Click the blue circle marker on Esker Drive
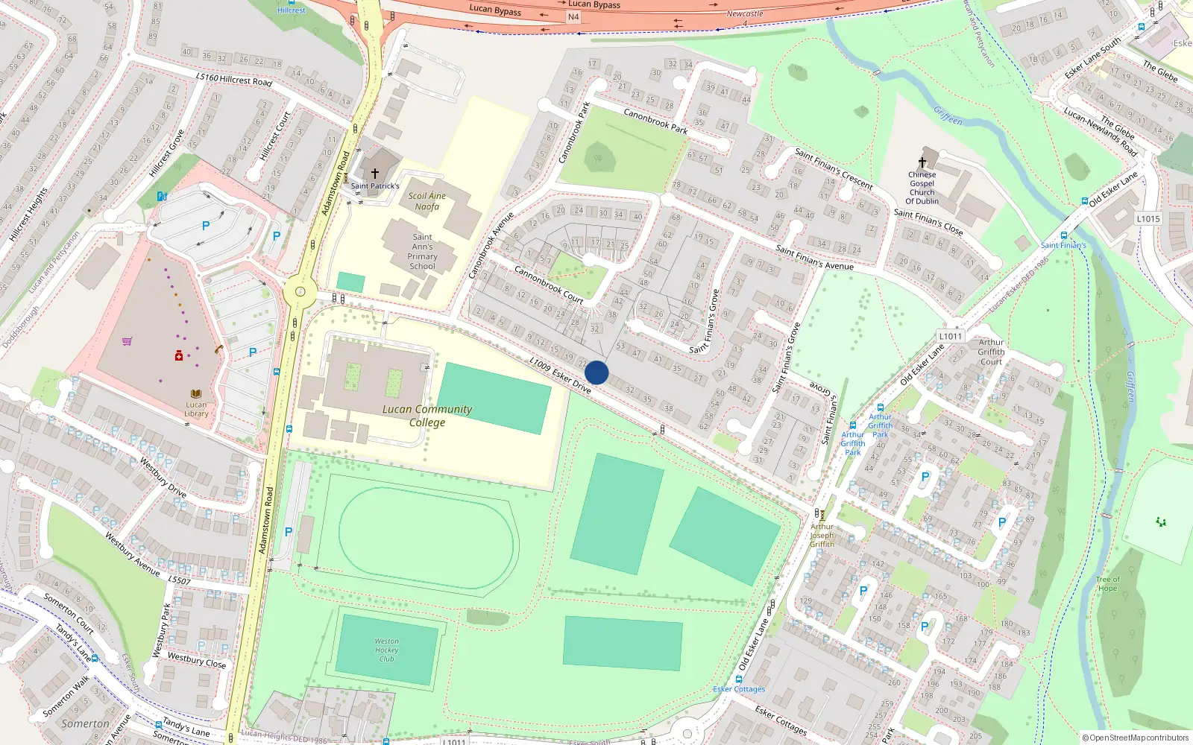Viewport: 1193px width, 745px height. pyautogui.click(x=596, y=372)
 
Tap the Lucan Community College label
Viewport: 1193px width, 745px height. pyautogui.click(x=427, y=416)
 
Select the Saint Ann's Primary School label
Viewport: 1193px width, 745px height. pyautogui.click(x=422, y=252)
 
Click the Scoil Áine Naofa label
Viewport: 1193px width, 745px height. pyautogui.click(x=427, y=201)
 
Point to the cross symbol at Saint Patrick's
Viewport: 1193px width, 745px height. pyautogui.click(x=375, y=174)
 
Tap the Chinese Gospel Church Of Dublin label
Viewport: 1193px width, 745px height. pyautogui.click(x=922, y=188)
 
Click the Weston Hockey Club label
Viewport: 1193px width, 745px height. pyautogui.click(x=386, y=650)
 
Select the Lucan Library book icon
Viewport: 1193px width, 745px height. pyautogui.click(x=196, y=393)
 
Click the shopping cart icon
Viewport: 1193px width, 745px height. pyautogui.click(x=128, y=341)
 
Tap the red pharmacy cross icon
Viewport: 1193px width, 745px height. pyautogui.click(x=179, y=356)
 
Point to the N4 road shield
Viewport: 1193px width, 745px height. pyautogui.click(x=573, y=16)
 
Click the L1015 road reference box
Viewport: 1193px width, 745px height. pyautogui.click(x=1148, y=219)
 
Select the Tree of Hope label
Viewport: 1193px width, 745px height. pyautogui.click(x=1108, y=583)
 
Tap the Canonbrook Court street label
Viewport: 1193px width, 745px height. pyautogui.click(x=549, y=285)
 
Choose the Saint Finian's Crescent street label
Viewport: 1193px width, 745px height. pyautogui.click(x=834, y=169)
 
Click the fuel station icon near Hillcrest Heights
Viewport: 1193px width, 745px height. pyautogui.click(x=162, y=197)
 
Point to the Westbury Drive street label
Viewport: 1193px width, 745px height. pyautogui.click(x=163, y=478)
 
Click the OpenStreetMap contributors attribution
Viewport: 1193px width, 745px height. pyautogui.click(x=1136, y=738)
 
